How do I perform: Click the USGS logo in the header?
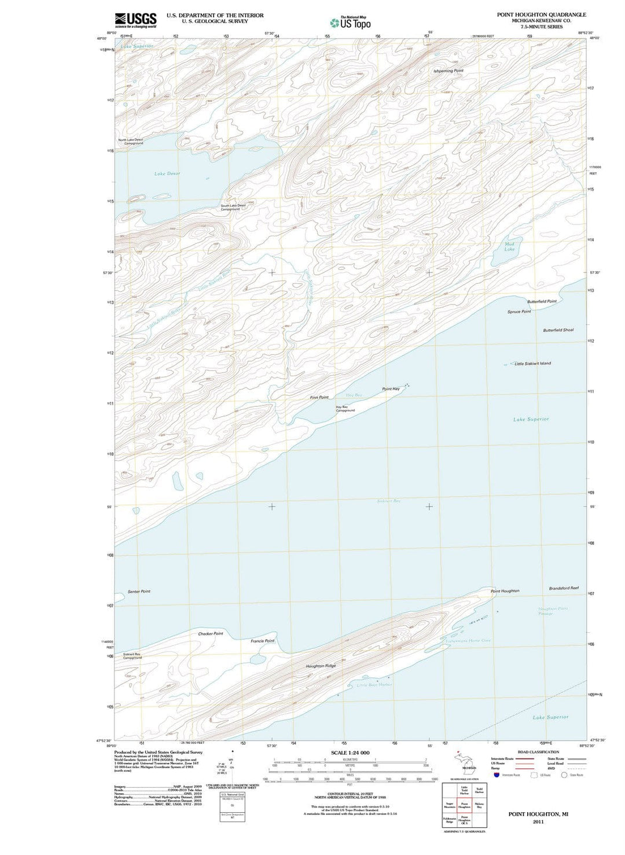pos(135,20)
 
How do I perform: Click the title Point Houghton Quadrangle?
pos(541,14)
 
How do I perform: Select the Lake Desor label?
pos(167,174)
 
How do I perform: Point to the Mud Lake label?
pos(509,247)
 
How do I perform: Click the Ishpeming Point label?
pos(448,71)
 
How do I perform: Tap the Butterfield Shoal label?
pos(558,330)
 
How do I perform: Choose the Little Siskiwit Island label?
pos(532,364)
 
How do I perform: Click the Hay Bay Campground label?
pos(345,409)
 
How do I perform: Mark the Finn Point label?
pos(319,397)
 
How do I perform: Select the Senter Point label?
pos(139,591)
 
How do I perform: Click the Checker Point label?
pos(210,634)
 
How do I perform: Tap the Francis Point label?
pos(262,641)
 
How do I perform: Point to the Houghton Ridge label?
pos(321,666)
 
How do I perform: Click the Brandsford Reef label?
pos(564,588)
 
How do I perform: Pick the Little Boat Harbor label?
pos(374,685)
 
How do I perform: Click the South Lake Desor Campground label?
pos(233,207)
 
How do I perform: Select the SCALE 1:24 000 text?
pos(350,753)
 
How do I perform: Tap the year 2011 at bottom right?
pos(538,821)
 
